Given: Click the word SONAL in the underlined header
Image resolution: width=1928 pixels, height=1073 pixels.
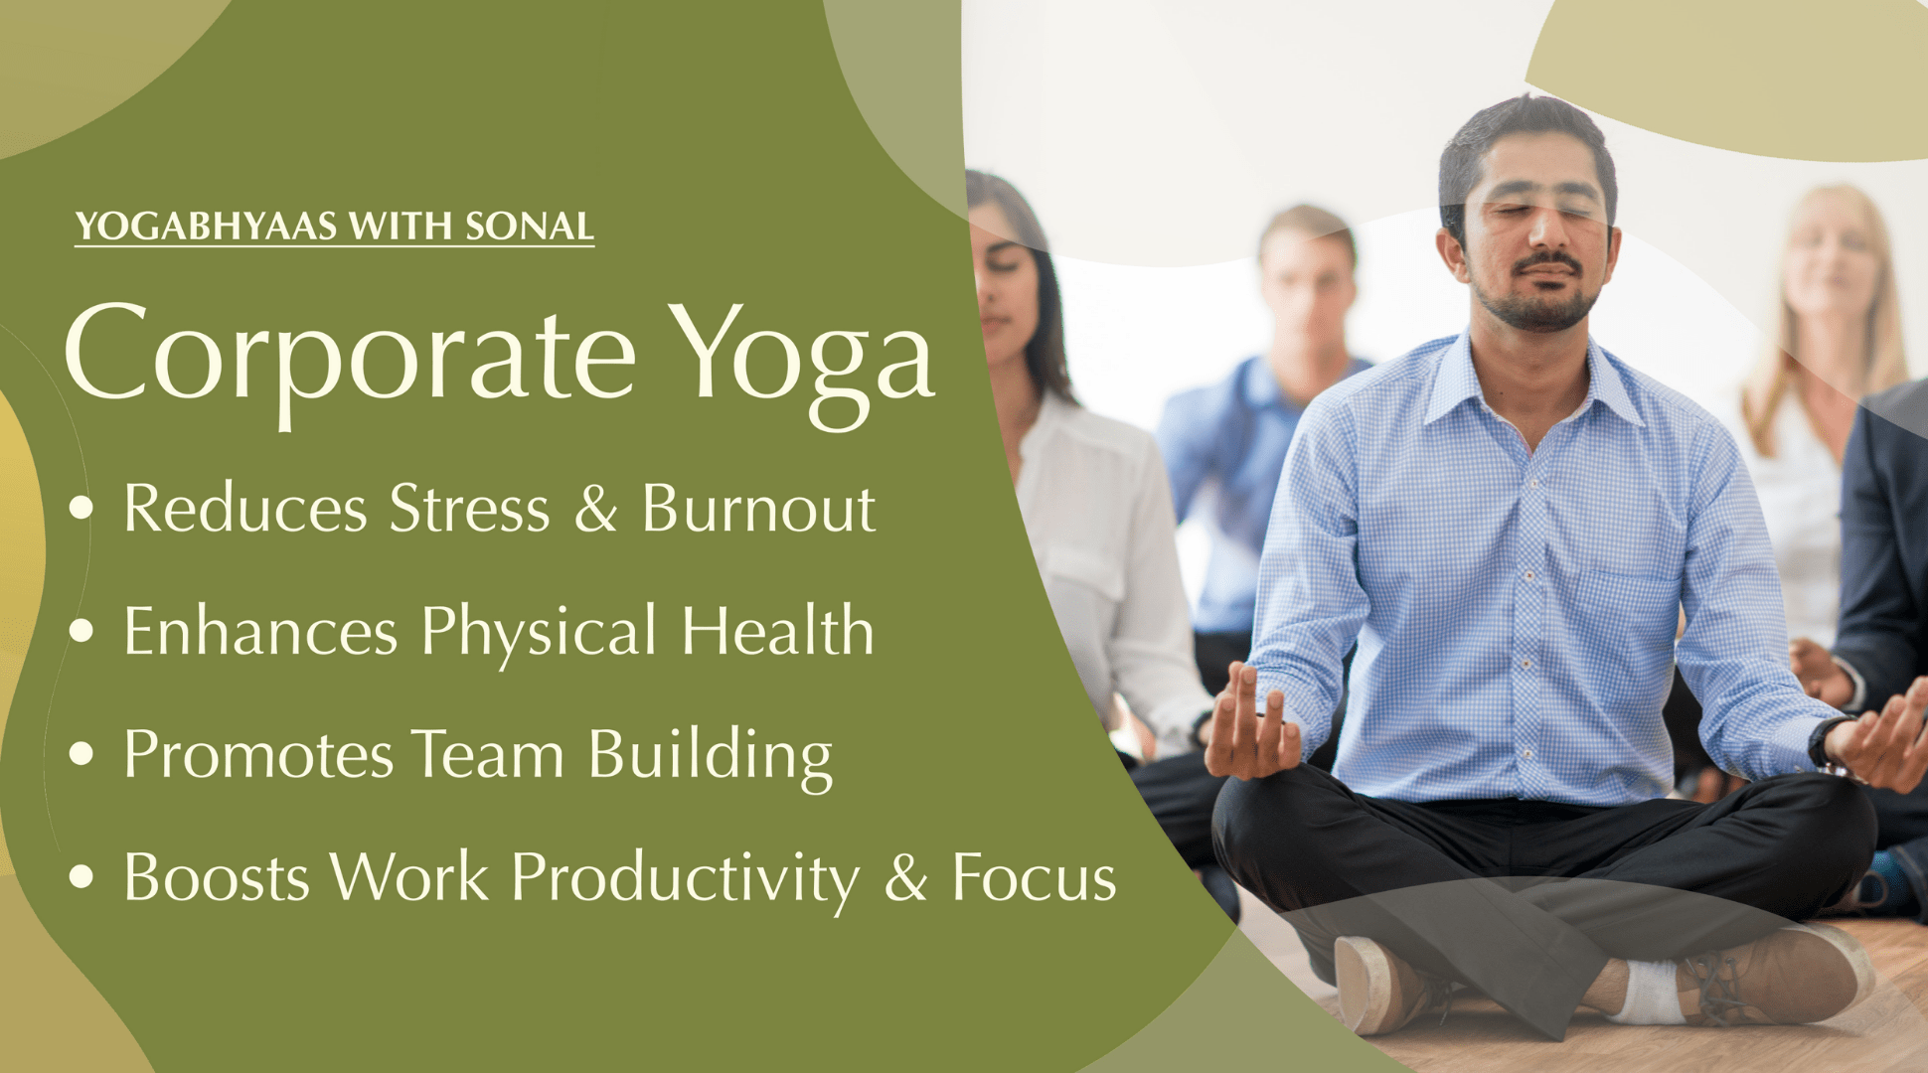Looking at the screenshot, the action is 530,227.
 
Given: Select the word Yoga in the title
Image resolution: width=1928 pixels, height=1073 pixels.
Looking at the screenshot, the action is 801,362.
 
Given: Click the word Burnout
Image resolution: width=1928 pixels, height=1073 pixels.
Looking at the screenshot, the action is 758,509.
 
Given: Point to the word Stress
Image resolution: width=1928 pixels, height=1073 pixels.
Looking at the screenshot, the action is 469,509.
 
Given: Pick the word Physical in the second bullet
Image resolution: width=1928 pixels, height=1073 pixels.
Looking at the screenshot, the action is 539,633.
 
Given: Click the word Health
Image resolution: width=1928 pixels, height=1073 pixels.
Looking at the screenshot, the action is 777,630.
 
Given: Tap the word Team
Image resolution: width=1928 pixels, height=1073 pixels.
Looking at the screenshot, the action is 488,754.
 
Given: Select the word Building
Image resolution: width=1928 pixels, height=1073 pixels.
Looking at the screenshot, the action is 711,757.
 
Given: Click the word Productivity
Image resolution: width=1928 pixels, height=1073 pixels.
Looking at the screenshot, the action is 686,880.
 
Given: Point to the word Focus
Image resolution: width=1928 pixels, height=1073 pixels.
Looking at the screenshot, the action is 1035,878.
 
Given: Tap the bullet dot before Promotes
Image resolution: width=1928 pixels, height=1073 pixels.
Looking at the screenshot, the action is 82,754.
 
